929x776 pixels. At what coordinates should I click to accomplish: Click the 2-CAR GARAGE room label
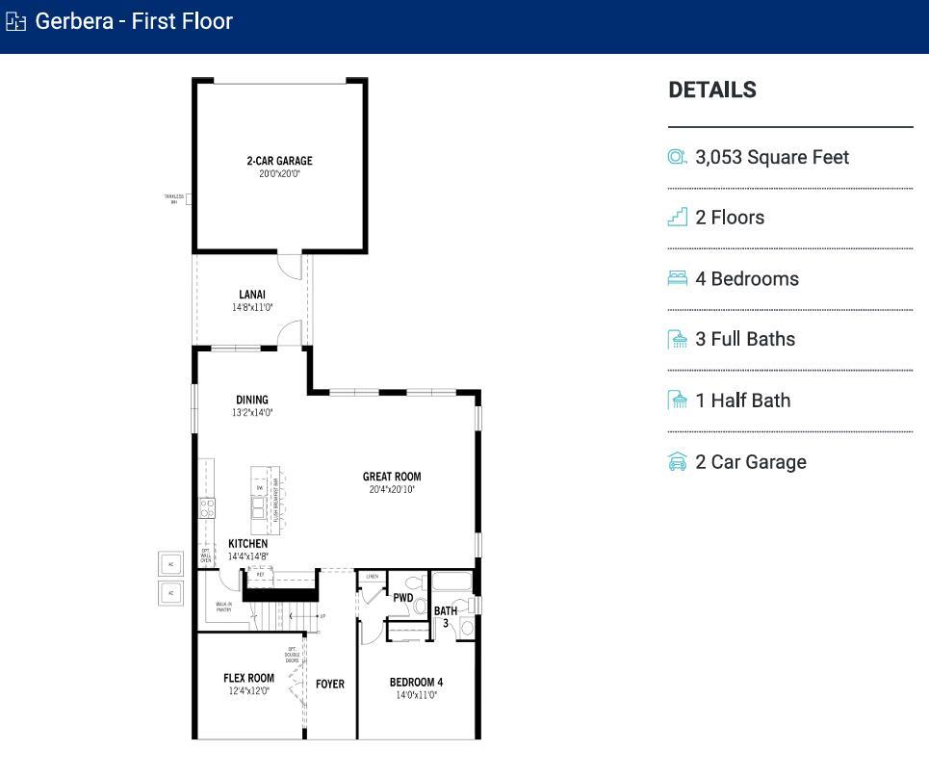point(279,161)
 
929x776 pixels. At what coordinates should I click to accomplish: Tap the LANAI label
point(252,295)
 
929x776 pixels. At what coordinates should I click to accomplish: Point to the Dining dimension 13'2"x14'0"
point(252,412)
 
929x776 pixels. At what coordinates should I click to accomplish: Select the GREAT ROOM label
point(391,477)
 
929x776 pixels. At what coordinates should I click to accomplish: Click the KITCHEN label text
point(247,544)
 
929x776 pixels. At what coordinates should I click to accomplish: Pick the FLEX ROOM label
point(248,678)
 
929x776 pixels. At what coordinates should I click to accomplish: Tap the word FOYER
point(330,685)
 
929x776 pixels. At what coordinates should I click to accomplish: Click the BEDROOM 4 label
point(416,683)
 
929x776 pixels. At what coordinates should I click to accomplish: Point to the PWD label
point(402,598)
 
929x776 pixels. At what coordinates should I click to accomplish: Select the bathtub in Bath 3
point(451,582)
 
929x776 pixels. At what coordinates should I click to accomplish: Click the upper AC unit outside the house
point(171,564)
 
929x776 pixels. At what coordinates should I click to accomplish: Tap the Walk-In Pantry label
point(223,607)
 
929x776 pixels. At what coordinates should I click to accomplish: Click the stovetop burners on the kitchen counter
point(207,507)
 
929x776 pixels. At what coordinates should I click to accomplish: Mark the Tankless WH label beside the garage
point(173,199)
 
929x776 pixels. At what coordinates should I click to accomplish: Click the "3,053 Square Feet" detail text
point(772,157)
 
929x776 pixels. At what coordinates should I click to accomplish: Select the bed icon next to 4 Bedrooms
point(678,278)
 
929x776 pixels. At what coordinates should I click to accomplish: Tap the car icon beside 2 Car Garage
point(678,462)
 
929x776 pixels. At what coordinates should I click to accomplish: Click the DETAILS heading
point(712,90)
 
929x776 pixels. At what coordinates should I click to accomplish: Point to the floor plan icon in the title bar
point(15,21)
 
